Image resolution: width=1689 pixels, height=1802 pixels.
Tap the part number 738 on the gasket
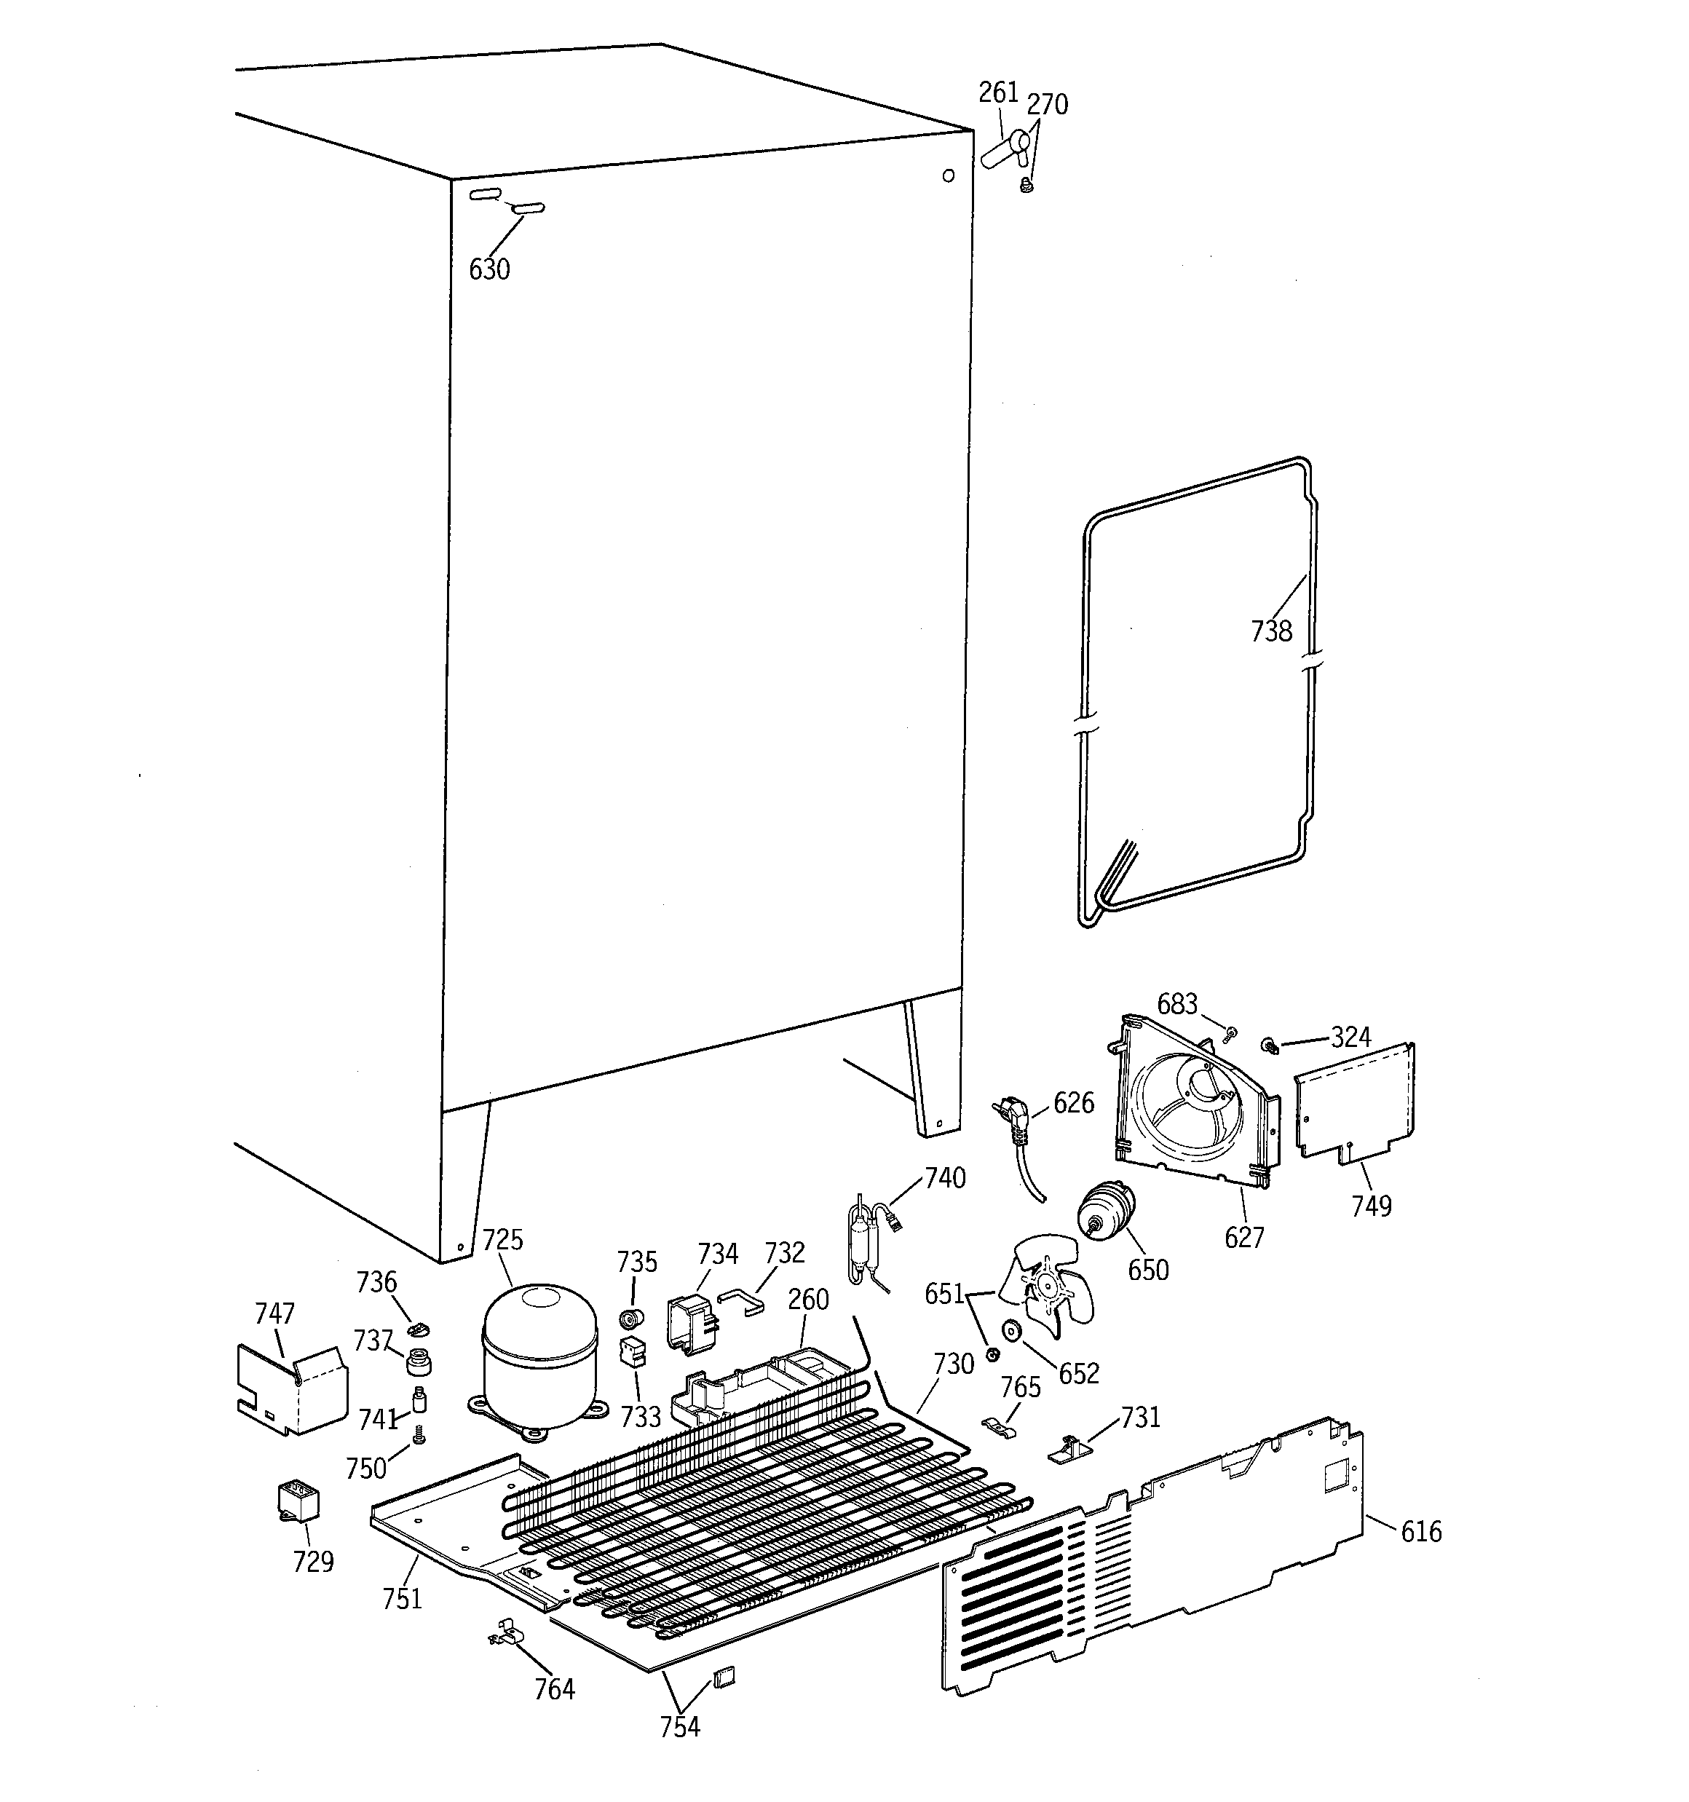point(1271,631)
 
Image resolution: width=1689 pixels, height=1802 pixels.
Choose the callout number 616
point(1420,1532)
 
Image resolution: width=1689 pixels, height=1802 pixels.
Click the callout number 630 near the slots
point(489,269)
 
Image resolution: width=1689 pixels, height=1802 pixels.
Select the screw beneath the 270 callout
point(1027,186)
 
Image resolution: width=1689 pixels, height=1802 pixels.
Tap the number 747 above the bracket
point(274,1313)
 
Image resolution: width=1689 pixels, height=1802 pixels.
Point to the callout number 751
point(403,1599)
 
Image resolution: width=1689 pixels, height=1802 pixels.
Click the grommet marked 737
point(418,1361)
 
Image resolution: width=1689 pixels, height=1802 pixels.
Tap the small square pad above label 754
point(725,1677)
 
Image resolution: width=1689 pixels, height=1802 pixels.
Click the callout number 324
point(1351,1037)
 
